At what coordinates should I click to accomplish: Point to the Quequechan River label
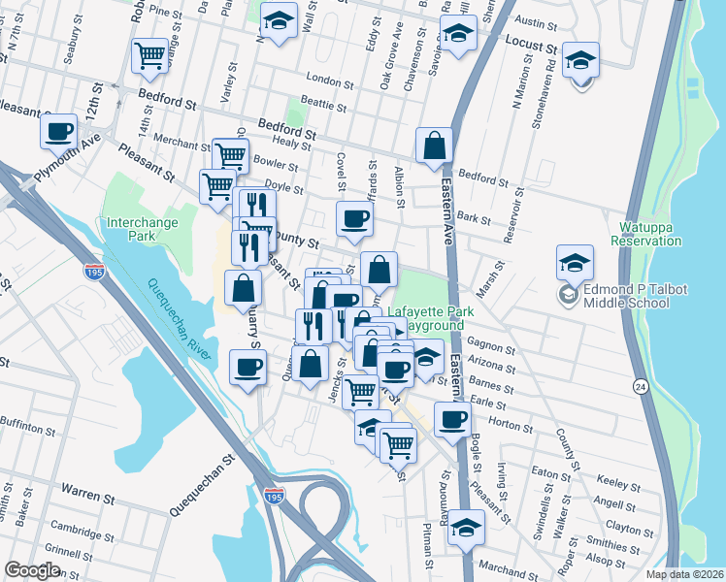pyautogui.click(x=179, y=317)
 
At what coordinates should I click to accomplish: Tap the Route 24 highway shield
pyautogui.click(x=640, y=386)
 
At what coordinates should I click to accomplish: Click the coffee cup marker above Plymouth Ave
pyautogui.click(x=59, y=130)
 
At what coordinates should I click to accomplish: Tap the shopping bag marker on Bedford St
pyautogui.click(x=435, y=145)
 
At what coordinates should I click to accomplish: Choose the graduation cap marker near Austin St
pyautogui.click(x=458, y=30)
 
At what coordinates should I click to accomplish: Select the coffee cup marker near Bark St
pyautogui.click(x=354, y=218)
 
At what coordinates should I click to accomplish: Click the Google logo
pyautogui.click(x=32, y=570)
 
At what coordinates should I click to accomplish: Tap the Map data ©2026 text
pyautogui.click(x=684, y=574)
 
